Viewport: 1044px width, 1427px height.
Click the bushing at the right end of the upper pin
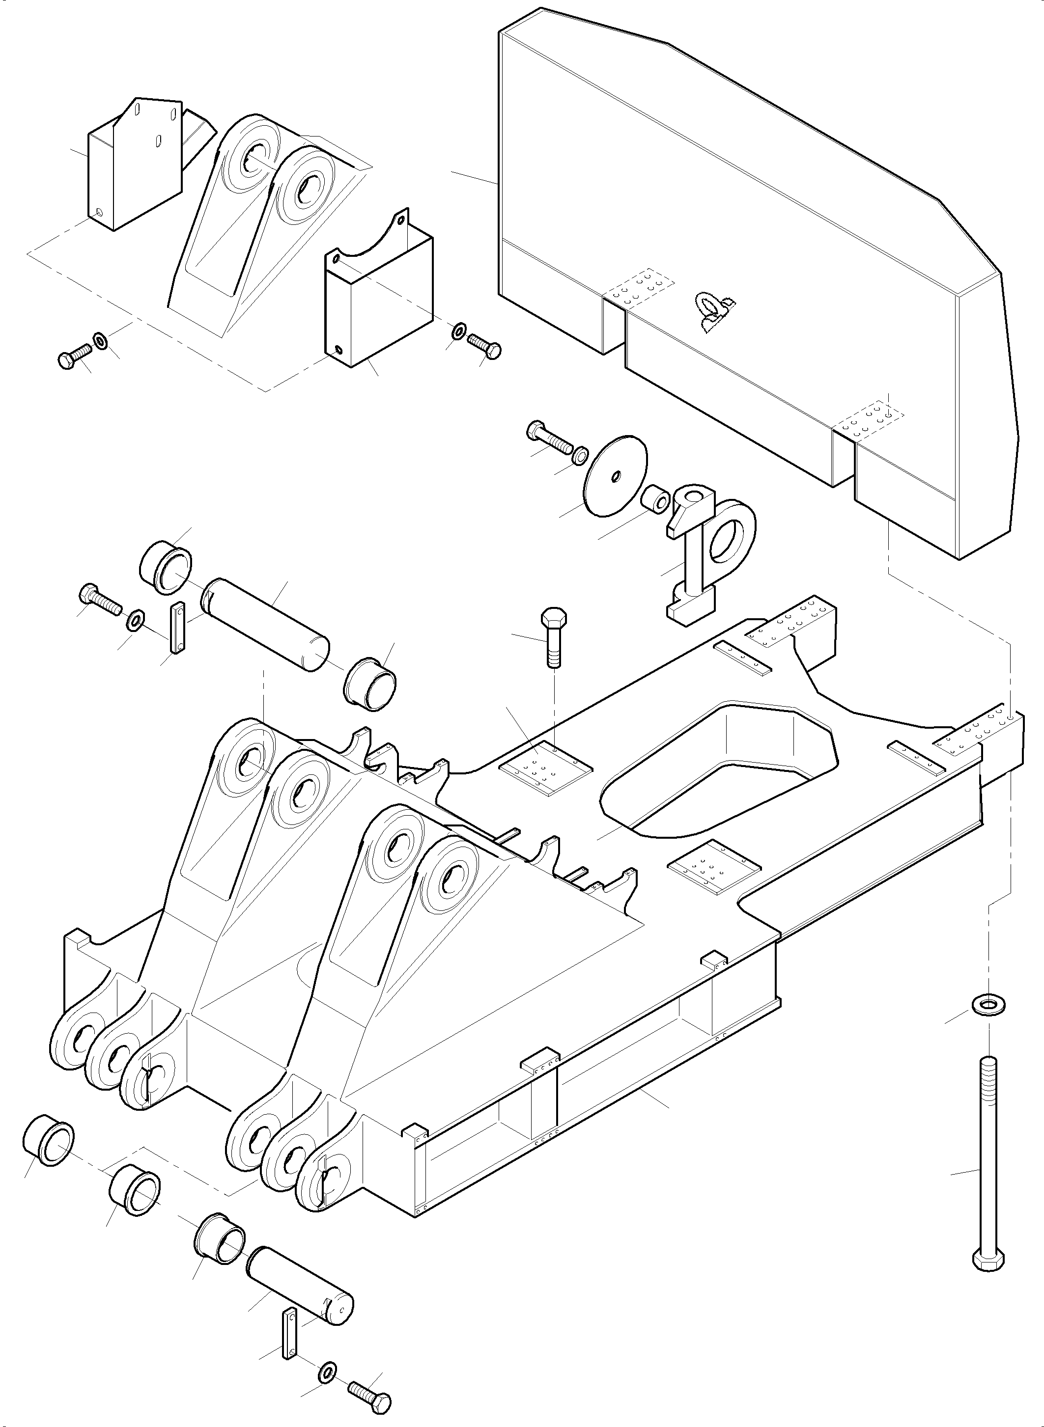click(370, 684)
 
